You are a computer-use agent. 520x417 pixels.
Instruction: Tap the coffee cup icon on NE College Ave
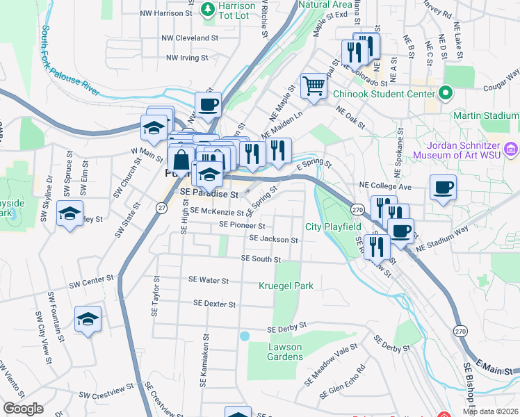443,187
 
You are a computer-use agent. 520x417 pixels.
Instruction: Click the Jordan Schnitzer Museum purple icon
512,148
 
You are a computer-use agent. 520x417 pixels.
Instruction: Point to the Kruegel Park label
286,286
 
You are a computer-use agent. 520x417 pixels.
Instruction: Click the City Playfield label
333,227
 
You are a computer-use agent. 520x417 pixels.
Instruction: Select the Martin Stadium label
485,115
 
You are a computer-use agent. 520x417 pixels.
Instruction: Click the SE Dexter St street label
215,304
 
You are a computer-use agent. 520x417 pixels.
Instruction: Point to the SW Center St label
91,281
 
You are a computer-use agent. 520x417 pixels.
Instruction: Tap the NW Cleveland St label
190,38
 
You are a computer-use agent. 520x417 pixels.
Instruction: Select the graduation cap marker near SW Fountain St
88,319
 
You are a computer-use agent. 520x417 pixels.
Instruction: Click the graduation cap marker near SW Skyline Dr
70,213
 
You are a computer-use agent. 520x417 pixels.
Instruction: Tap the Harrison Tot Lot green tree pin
207,9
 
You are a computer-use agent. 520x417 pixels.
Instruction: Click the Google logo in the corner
23,408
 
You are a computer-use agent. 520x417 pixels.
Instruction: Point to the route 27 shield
161,207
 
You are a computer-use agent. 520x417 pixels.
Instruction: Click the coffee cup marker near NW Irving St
208,105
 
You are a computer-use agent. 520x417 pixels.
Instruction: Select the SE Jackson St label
274,240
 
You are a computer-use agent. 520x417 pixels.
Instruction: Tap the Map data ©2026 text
490,411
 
